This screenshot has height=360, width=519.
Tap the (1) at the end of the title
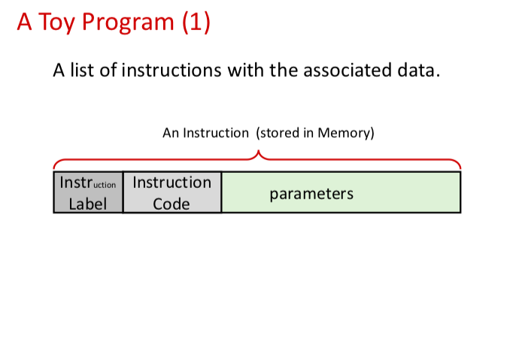tap(195, 23)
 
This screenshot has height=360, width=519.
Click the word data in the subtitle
tap(417, 71)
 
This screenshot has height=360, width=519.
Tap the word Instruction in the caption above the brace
tap(215, 133)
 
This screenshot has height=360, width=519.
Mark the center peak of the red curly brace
tap(258, 153)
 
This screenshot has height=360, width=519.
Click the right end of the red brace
tap(459, 167)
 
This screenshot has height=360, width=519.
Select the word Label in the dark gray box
tap(88, 203)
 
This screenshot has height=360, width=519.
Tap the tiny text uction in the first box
tap(105, 184)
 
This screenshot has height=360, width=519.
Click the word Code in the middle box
tap(171, 203)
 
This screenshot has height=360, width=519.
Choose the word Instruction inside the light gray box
tap(171, 183)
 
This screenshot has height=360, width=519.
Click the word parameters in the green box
tap(311, 193)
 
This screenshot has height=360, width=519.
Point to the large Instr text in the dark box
tap(75, 183)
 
